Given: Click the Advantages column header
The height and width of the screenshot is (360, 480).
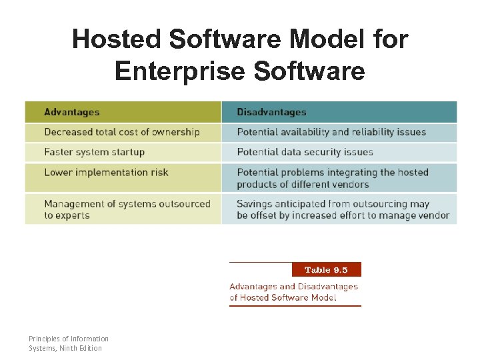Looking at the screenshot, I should tap(72, 112).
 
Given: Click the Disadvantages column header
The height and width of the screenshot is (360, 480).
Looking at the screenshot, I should tap(271, 112).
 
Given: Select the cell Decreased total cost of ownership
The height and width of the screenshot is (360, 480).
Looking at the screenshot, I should tap(122, 132).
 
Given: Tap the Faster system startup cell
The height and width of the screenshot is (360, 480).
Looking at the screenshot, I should tap(94, 152).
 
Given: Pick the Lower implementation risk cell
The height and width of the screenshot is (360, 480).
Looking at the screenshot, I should tap(106, 173).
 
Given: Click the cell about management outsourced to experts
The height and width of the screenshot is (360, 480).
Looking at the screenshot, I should tap(127, 209).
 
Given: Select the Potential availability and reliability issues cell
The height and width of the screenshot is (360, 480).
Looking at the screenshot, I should tap(331, 132).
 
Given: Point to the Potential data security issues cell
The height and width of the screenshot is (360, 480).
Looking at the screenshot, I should tap(305, 152).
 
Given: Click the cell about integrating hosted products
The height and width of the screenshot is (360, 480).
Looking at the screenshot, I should tap(333, 178).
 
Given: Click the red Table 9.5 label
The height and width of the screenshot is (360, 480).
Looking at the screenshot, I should tap(326, 270).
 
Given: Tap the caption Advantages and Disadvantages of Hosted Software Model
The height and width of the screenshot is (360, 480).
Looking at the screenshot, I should tap(293, 292).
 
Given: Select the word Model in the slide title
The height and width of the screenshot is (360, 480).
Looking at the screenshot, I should tap(319, 39).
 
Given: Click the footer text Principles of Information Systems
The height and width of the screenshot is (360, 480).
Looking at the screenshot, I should tap(69, 339).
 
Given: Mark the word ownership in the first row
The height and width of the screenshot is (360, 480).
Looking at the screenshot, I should tap(175, 132).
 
